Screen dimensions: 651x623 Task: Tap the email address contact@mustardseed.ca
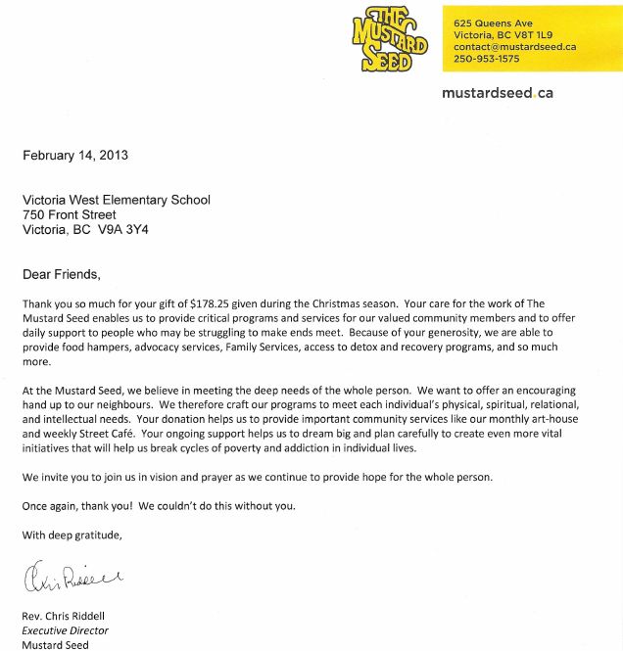pyautogui.click(x=514, y=46)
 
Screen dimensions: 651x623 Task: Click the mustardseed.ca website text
pyautogui.click(x=498, y=92)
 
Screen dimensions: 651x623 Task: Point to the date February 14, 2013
pyautogui.click(x=75, y=155)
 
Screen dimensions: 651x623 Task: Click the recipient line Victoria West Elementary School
pyautogui.click(x=117, y=201)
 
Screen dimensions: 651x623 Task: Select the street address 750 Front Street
pyautogui.click(x=70, y=215)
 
